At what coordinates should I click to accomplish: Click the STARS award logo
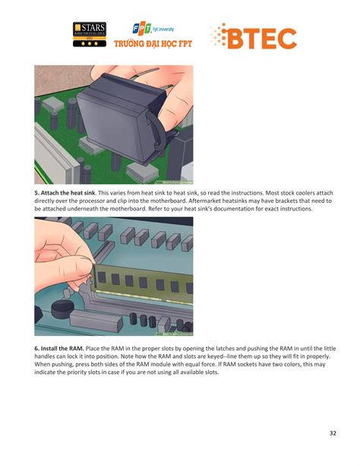[x=90, y=34]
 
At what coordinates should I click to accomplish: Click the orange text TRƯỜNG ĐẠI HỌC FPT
[x=153, y=44]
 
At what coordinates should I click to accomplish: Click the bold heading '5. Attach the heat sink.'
[x=71, y=194]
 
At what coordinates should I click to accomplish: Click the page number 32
[x=332, y=433]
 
